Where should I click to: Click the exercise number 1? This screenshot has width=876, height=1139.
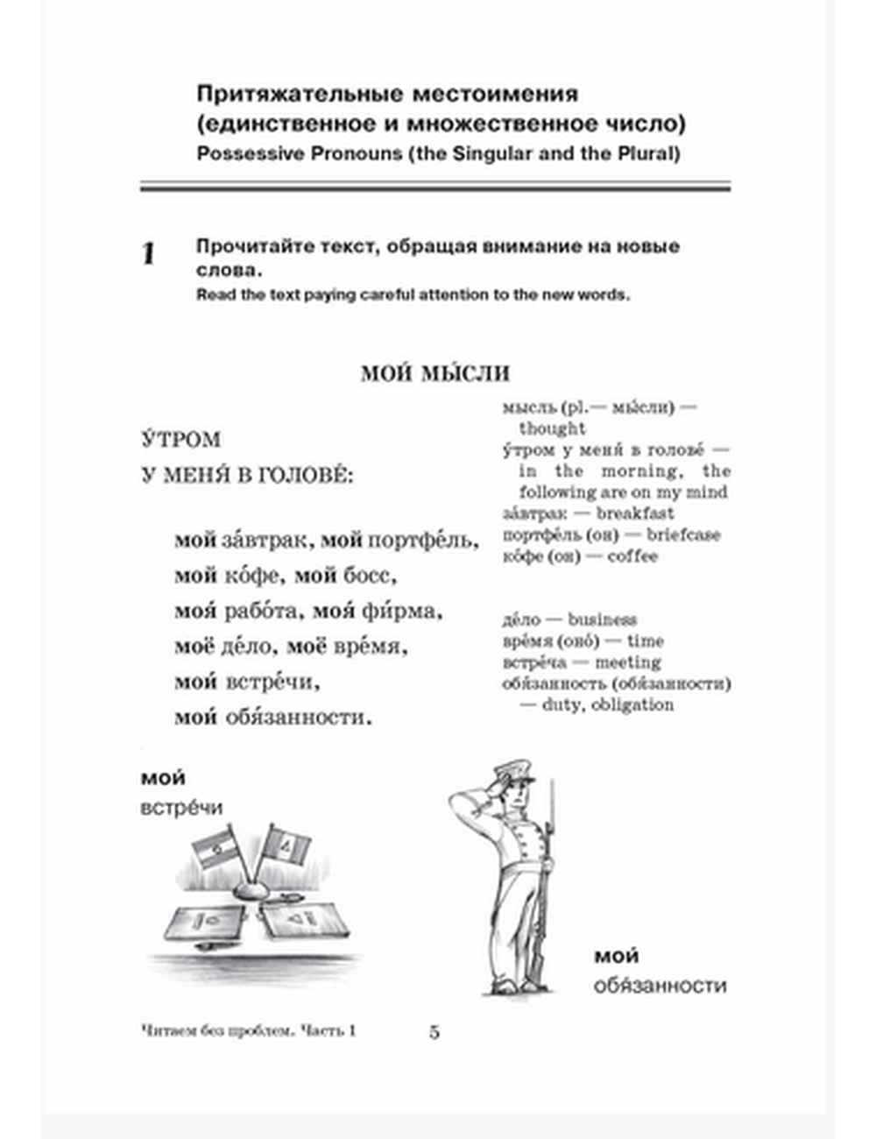(149, 255)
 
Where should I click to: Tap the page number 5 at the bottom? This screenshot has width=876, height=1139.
(434, 1031)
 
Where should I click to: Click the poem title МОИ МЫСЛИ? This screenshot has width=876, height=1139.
(434, 374)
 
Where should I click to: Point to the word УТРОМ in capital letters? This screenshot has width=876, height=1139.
(180, 440)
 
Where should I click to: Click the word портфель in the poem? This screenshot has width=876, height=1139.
(423, 541)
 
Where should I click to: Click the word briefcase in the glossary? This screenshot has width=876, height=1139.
(683, 534)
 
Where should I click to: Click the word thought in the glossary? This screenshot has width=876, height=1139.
(552, 428)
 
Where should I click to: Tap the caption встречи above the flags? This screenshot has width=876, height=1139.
(181, 808)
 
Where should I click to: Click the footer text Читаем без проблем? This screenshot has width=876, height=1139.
(218, 1031)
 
